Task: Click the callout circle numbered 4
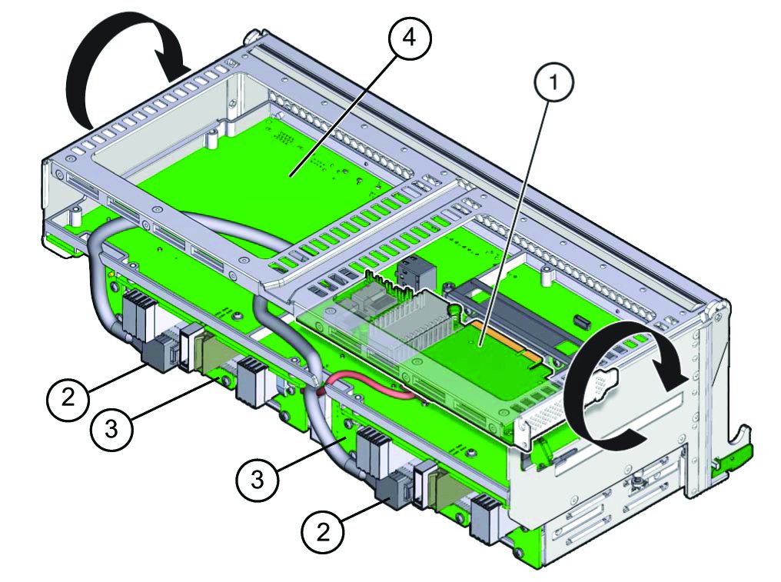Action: (410, 38)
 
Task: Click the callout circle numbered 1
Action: (553, 82)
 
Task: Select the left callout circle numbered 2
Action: (68, 397)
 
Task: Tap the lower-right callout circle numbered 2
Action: (324, 533)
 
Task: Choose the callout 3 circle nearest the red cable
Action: (258, 480)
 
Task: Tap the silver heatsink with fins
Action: (413, 327)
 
